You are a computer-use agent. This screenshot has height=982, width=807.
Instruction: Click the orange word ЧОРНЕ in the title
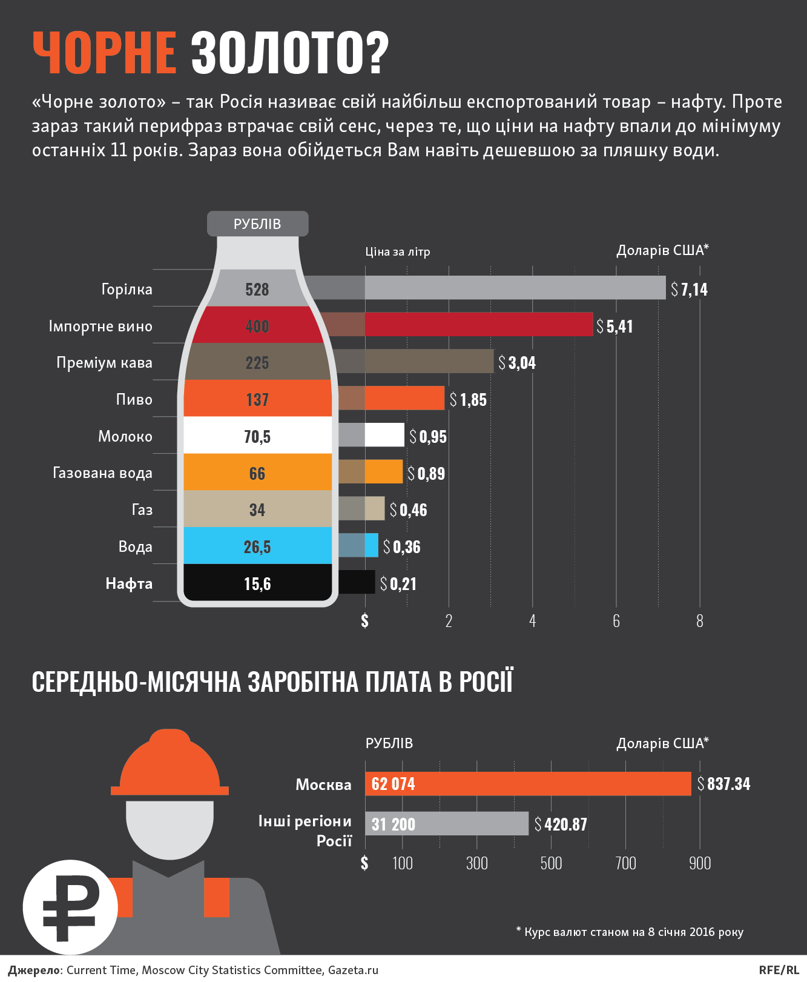(104, 53)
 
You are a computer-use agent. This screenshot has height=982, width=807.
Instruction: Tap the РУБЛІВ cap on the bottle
(257, 224)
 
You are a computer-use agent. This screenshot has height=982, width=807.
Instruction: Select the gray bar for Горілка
(515, 288)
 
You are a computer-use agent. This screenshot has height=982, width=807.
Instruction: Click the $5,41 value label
(615, 327)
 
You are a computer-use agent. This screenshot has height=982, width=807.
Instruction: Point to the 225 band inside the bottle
(257, 362)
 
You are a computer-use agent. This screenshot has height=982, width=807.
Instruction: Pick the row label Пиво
(134, 400)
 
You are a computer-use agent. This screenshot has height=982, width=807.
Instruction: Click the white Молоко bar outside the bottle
(384, 435)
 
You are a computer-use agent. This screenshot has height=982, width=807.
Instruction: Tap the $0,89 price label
(427, 474)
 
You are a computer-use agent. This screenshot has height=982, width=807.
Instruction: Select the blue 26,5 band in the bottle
(257, 546)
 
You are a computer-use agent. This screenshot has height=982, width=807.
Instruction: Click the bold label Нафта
(129, 584)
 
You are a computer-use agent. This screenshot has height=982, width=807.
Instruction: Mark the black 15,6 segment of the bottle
(257, 583)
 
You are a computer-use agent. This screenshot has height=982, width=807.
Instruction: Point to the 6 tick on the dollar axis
(616, 621)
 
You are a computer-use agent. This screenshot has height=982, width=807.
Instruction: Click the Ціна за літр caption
(397, 252)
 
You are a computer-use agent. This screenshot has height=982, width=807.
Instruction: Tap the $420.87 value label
(561, 824)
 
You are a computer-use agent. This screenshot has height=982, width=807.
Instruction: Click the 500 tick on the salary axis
(551, 863)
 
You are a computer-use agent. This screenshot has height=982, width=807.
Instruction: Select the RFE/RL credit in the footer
(779, 970)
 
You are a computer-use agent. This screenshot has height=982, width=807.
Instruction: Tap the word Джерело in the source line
(34, 970)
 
